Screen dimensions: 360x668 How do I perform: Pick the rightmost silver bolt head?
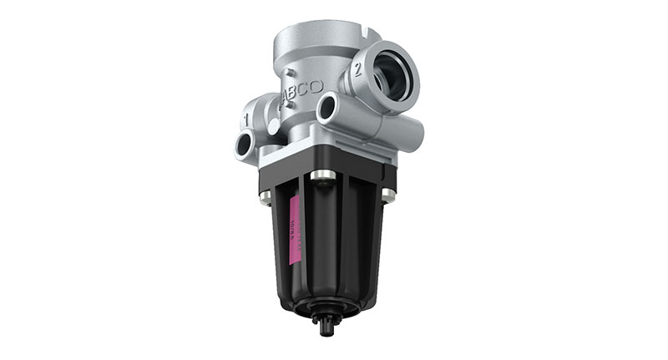tap(387, 195)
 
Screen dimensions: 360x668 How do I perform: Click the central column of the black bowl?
tap(326, 242)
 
